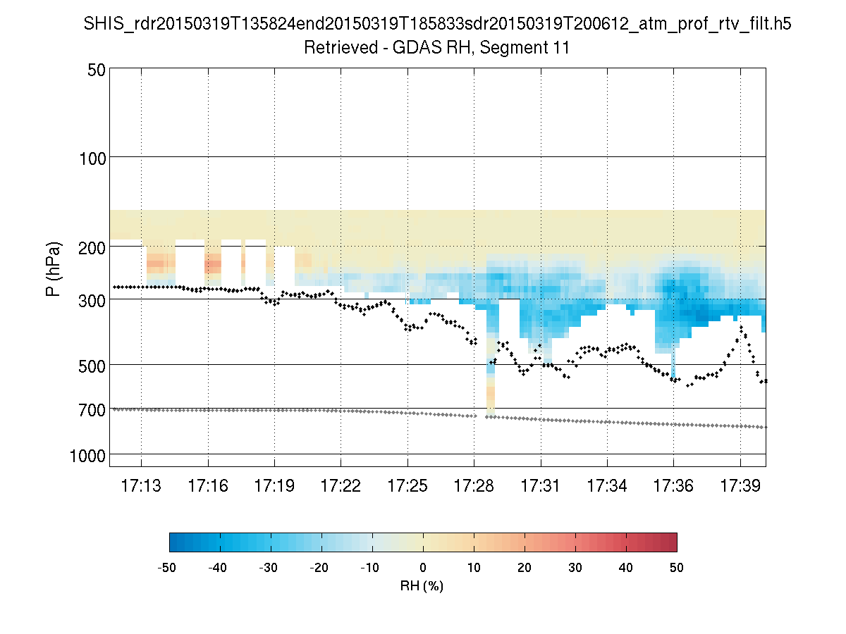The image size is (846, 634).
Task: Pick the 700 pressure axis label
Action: pyautogui.click(x=92, y=409)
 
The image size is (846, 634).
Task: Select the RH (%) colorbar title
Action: pyautogui.click(x=422, y=585)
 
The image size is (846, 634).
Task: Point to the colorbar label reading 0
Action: pyautogui.click(x=423, y=568)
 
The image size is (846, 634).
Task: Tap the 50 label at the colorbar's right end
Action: pyautogui.click(x=677, y=568)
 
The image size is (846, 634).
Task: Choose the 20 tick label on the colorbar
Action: pyautogui.click(x=525, y=568)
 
